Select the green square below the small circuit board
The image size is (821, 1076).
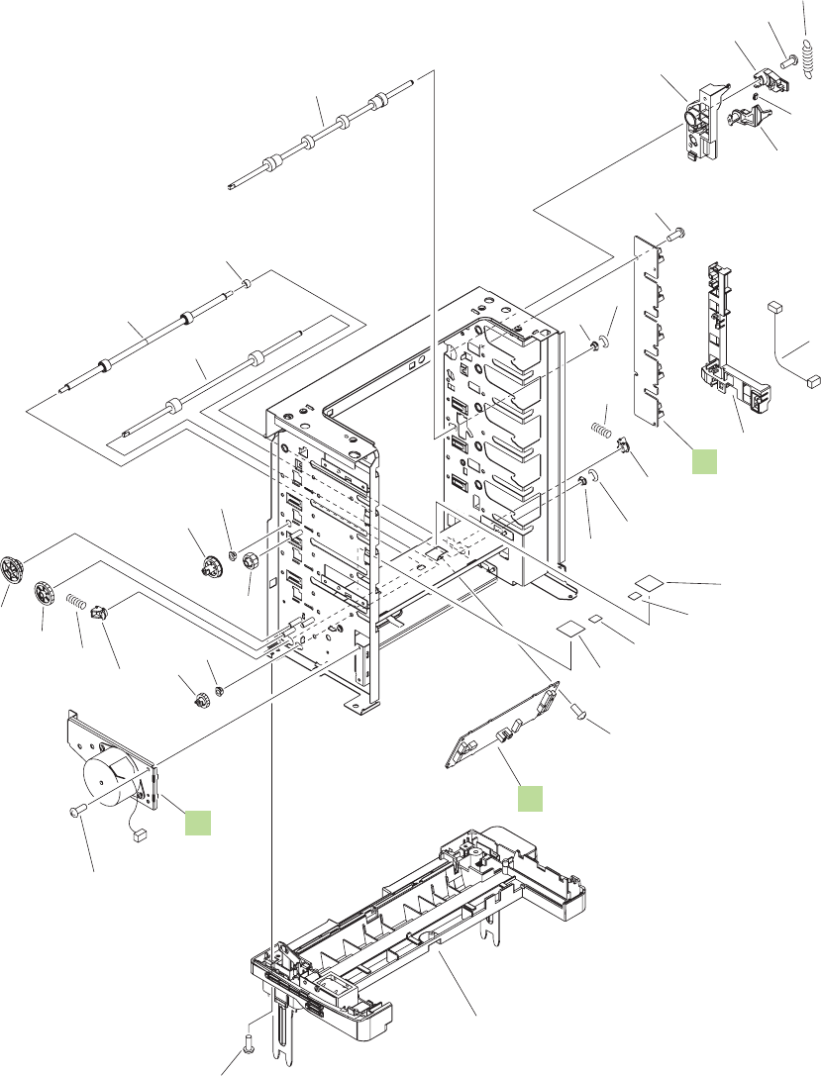(x=530, y=798)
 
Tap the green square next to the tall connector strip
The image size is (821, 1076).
(x=704, y=459)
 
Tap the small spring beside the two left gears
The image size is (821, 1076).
(x=77, y=600)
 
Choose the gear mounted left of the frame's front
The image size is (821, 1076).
(x=210, y=567)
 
